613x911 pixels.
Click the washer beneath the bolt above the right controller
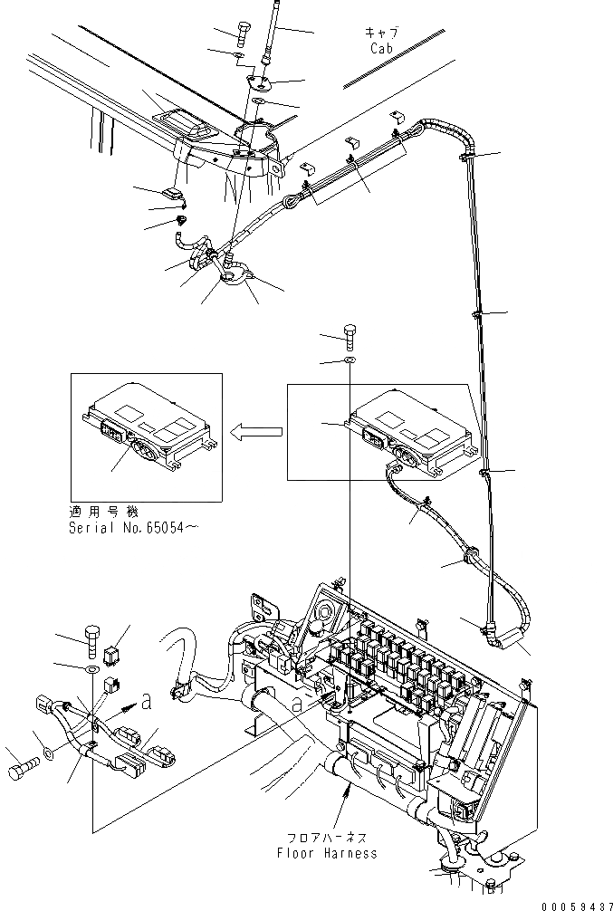[x=350, y=361]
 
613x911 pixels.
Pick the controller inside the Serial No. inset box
[x=149, y=427]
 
